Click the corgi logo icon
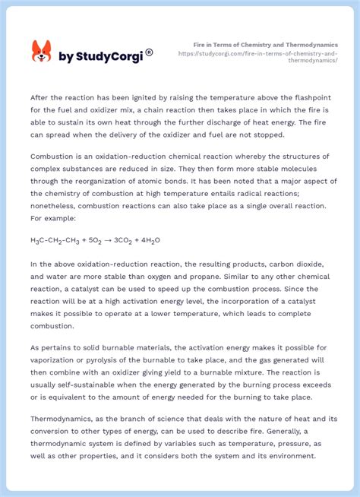click(x=41, y=52)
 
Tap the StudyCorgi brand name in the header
click(x=100, y=55)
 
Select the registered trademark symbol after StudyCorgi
click(x=150, y=52)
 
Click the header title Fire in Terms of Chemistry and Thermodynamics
click(x=266, y=45)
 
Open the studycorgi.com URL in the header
click(x=258, y=57)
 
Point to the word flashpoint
click(x=310, y=97)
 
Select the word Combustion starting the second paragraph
click(x=51, y=155)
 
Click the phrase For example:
click(x=52, y=217)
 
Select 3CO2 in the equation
click(x=122, y=241)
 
